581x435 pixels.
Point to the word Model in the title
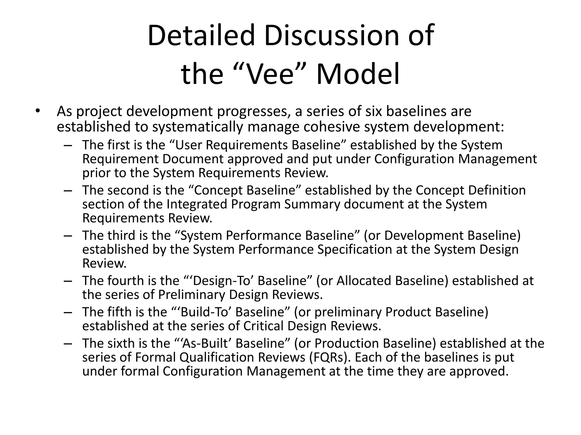358,74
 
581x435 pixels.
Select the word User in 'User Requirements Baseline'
189,145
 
